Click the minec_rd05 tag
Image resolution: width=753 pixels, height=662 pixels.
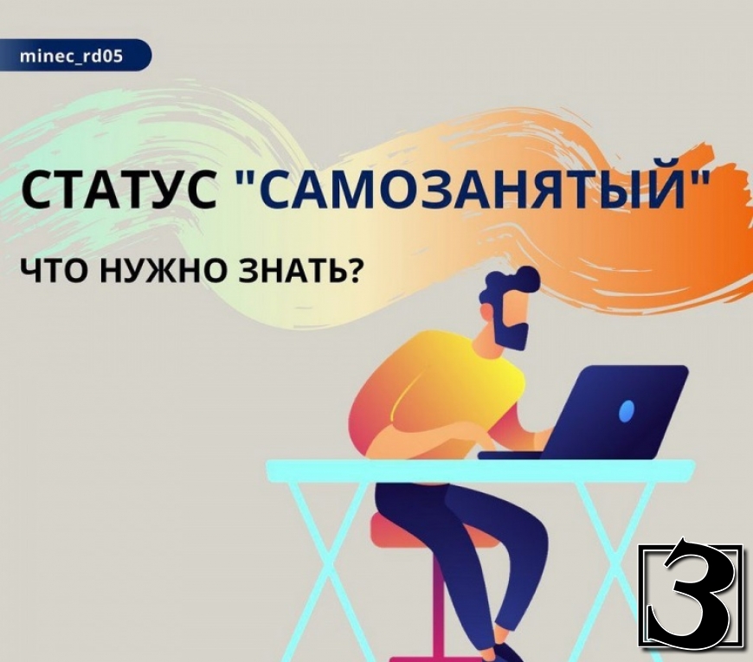[72, 55]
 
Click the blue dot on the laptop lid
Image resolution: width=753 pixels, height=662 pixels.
[627, 410]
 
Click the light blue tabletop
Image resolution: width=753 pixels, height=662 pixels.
[480, 467]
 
